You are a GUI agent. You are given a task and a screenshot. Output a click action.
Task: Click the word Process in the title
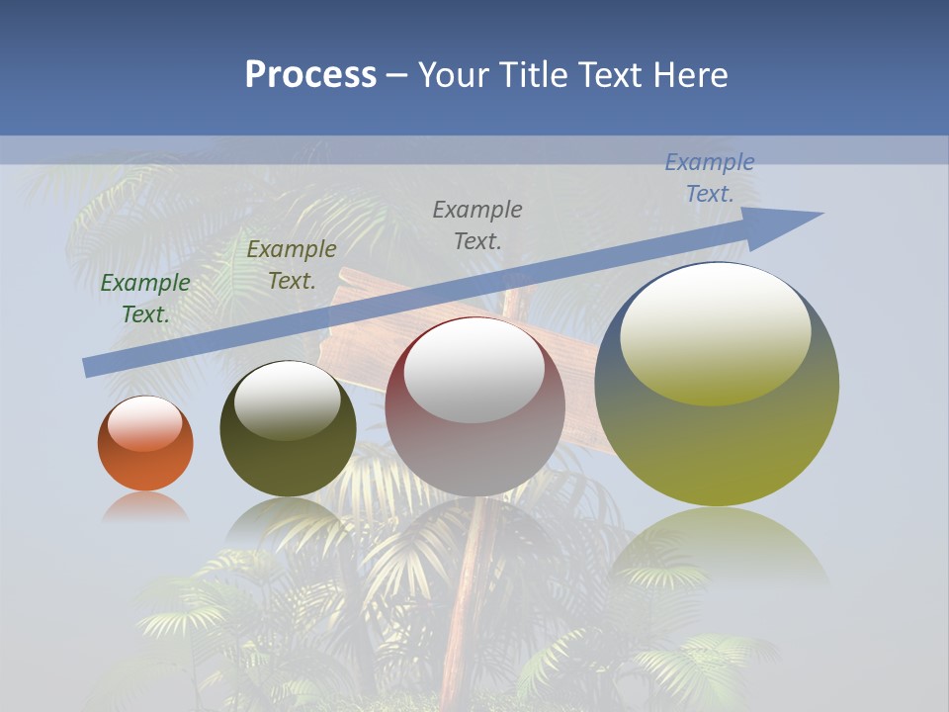tap(310, 75)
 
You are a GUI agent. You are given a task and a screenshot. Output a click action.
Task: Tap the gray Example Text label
tap(477, 224)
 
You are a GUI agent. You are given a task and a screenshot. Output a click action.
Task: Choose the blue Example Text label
tap(710, 178)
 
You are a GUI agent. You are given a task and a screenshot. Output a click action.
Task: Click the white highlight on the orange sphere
tap(145, 423)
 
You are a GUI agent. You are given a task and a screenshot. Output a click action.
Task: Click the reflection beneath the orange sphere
tap(145, 506)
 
